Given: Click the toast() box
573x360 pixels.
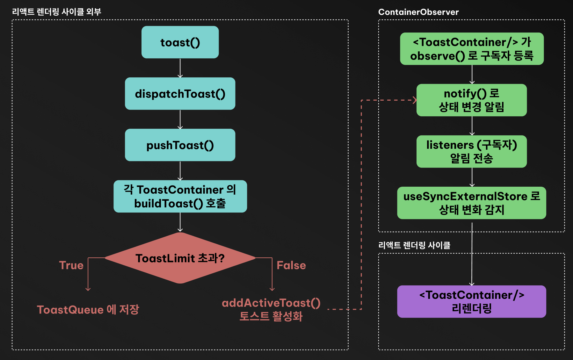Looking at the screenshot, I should pos(180,42).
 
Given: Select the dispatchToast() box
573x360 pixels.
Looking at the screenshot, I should pos(180,94).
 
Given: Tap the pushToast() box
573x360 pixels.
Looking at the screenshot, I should pos(180,145).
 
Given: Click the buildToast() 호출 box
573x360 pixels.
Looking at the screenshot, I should pos(180,196).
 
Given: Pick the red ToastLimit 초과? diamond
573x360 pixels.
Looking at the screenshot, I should pos(180,258).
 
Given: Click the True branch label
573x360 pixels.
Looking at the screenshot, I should pos(71,265).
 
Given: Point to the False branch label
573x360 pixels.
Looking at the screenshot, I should pos(291,265).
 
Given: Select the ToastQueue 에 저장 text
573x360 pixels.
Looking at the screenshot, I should pos(88,310).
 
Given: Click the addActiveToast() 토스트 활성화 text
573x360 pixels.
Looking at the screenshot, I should pos(271,309).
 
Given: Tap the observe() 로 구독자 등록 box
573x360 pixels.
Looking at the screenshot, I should pos(472,49).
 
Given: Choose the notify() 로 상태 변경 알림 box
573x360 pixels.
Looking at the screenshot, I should pos(472,100).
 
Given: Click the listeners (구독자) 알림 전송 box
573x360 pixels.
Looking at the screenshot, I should pos(472,151).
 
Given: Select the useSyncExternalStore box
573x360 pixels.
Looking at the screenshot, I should pos(472,203).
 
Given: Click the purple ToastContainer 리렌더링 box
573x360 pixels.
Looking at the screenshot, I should pos(472,301).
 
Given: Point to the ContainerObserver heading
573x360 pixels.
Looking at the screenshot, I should pos(418,12).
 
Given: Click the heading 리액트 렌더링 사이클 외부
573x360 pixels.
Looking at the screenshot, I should pos(56,12).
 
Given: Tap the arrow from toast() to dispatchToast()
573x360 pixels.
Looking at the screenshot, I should pos(180,68).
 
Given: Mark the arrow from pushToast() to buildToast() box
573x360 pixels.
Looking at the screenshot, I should pos(180,171).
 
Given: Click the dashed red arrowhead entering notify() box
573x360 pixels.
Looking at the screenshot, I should pos(414,100).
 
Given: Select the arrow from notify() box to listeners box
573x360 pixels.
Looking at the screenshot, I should pos(472,126).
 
